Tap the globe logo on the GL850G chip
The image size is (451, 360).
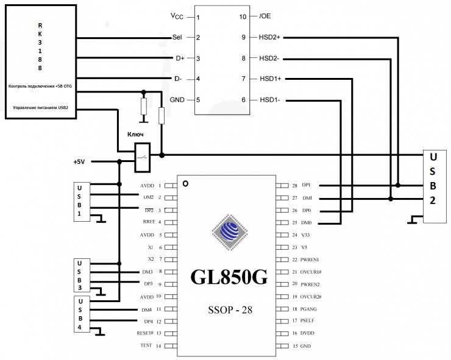(x=229, y=233)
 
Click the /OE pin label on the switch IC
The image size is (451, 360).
(x=265, y=16)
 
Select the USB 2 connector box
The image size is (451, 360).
(x=434, y=186)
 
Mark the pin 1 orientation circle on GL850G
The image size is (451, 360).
(x=185, y=183)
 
